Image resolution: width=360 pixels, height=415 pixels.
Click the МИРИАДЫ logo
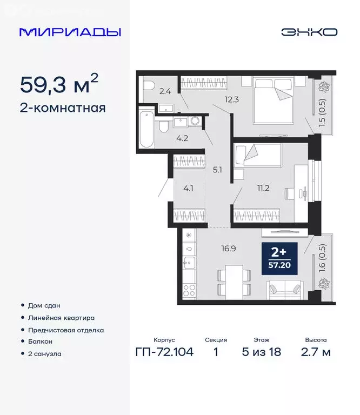coord(70,32)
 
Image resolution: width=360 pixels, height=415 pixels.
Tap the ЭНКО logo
coord(309,32)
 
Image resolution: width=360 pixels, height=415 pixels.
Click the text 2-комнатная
coord(63,108)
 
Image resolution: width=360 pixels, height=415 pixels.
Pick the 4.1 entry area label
coord(189,189)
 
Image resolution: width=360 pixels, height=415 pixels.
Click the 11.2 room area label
coord(263,188)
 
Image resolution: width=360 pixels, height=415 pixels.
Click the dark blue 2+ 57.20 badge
coord(279,259)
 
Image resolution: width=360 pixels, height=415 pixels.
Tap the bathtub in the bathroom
coord(146,130)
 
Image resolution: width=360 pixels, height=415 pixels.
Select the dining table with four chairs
coord(234,280)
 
